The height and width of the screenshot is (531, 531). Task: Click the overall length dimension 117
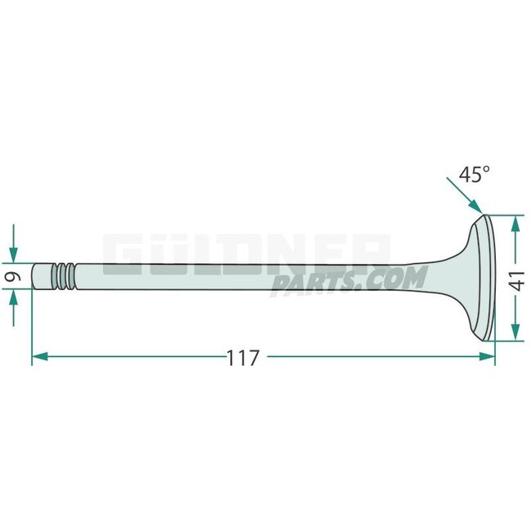tap(243, 357)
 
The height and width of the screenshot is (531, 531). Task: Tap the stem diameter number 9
tap(11, 277)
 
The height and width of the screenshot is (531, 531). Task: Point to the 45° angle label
tap(474, 174)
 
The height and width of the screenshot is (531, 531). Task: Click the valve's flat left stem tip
tap(34, 275)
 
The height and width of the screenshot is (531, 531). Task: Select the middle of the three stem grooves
tap(64, 275)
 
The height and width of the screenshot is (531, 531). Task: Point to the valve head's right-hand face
tap(490, 278)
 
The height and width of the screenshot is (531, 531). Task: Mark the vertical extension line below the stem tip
tap(32, 327)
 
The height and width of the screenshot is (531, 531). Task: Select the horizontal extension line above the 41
tap(506, 215)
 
